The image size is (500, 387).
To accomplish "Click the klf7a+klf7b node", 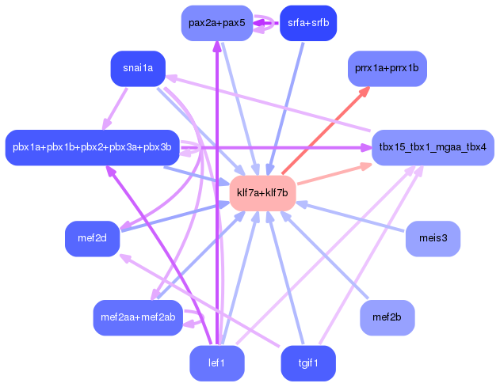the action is pyautogui.click(x=263, y=193).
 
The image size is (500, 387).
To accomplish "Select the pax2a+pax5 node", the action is pyautogui.click(x=217, y=23).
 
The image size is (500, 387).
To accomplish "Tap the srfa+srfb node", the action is pyautogui.click(x=308, y=23).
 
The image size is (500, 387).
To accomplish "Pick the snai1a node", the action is pyautogui.click(x=138, y=68).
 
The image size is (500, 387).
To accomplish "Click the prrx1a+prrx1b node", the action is pyautogui.click(x=387, y=68).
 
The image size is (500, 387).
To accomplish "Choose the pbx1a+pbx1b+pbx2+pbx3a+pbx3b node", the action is pyautogui.click(x=93, y=147).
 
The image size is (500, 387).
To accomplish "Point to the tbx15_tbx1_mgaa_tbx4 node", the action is pyautogui.click(x=433, y=147).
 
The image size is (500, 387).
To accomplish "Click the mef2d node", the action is pyautogui.click(x=93, y=238).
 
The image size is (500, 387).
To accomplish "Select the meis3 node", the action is pyautogui.click(x=433, y=238).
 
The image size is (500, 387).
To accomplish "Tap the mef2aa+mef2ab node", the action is pyautogui.click(x=138, y=317).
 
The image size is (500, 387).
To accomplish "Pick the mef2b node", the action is pyautogui.click(x=387, y=317).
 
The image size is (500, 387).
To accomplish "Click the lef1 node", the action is pyautogui.click(x=217, y=363).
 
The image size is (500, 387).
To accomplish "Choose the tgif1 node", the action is pyautogui.click(x=308, y=363).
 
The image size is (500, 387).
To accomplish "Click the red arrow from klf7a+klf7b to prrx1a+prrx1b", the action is pyautogui.click(x=326, y=131).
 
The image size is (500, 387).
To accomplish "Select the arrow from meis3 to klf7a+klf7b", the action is pyautogui.click(x=350, y=216).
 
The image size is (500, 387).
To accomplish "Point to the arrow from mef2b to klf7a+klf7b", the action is pyautogui.click(x=324, y=255).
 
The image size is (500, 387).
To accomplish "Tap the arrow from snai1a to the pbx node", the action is pyautogui.click(x=115, y=109).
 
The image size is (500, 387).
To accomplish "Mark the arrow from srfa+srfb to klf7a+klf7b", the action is pyautogui.click(x=286, y=109).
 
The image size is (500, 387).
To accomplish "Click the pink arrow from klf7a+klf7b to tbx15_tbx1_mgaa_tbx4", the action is pyautogui.click(x=334, y=173).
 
